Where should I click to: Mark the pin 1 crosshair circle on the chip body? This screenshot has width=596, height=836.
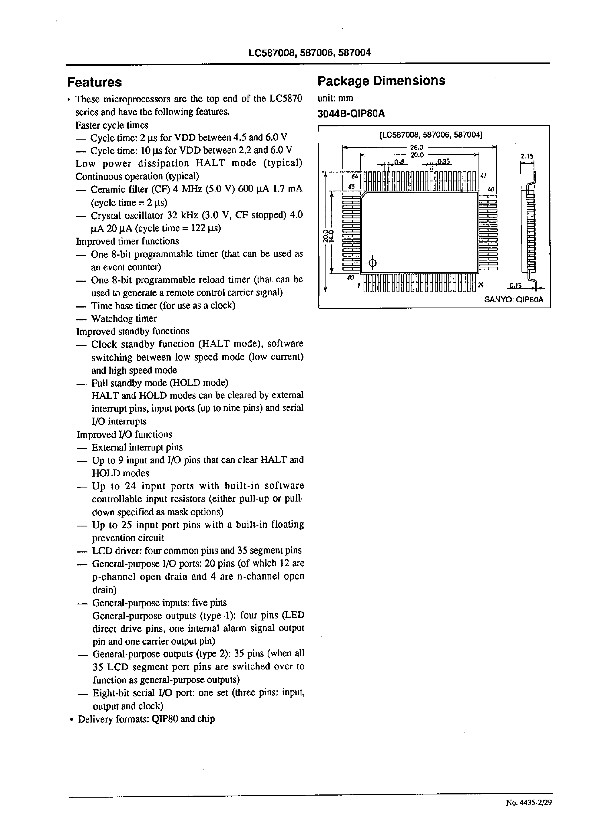pyautogui.click(x=372, y=263)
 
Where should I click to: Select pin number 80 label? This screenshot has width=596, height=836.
pyautogui.click(x=350, y=278)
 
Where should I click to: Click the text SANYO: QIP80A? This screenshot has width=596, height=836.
pyautogui.click(x=513, y=299)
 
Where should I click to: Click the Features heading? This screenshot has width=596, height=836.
pyautogui.click(x=94, y=82)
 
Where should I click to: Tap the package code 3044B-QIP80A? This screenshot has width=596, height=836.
pyautogui.click(x=351, y=114)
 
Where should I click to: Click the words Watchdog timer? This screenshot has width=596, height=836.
pyautogui.click(x=124, y=318)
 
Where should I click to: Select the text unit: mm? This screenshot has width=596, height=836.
pyautogui.click(x=335, y=98)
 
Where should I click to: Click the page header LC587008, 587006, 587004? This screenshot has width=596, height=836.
pyautogui.click(x=309, y=53)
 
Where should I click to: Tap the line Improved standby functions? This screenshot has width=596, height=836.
pyautogui.click(x=132, y=331)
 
